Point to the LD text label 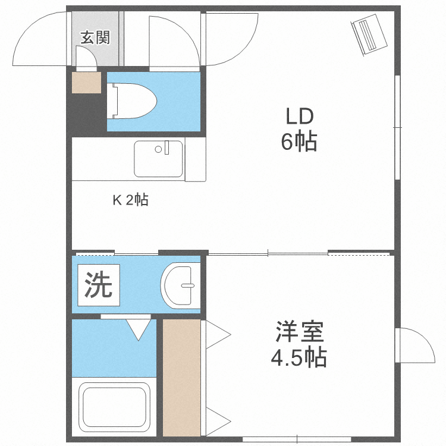click(297, 115)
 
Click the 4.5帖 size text click(299, 358)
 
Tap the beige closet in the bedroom click(181, 378)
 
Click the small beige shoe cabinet click(86, 83)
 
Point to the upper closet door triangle click(216, 337)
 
